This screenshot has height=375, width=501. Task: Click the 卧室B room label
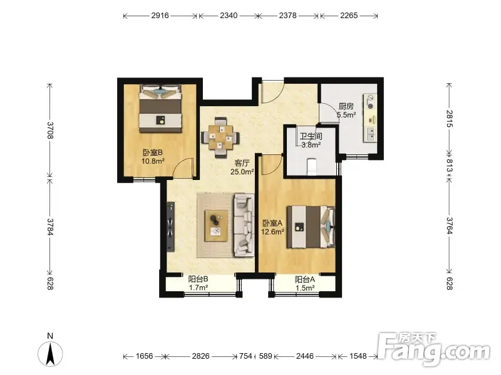tap(152, 152)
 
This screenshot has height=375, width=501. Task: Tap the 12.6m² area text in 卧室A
tap(273, 232)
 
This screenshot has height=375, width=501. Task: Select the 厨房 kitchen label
tap(346, 106)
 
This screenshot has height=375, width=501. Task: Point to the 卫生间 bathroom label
tap(311, 136)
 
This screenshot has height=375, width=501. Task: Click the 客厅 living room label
tap(242, 163)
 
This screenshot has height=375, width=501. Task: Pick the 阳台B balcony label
tap(198, 279)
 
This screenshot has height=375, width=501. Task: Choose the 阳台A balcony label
tap(305, 279)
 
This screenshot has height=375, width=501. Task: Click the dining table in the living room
tap(220, 137)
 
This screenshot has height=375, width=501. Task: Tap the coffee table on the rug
tap(216, 226)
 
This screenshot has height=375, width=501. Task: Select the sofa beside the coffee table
tap(245, 225)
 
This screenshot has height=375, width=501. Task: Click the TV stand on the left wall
tap(170, 227)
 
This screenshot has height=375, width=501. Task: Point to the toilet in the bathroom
tap(311, 166)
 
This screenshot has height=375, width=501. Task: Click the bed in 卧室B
tap(161, 109)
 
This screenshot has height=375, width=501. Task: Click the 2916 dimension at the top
tap(160, 15)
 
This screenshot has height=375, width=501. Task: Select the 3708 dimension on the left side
tap(50, 130)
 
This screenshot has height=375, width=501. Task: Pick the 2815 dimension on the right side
tap(449, 119)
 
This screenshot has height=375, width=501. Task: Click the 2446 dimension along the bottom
tap(305, 356)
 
